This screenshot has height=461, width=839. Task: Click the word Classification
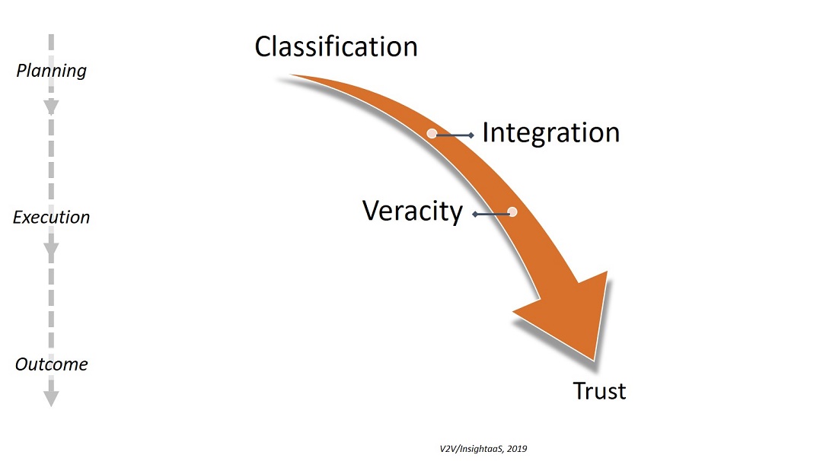coord(336,46)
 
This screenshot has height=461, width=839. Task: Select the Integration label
coord(550,132)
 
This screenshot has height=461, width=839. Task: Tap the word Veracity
coord(413,211)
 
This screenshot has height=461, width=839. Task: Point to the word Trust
coord(599,391)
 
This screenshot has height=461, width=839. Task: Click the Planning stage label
coord(52,71)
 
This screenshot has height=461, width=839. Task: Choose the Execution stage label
coord(51,218)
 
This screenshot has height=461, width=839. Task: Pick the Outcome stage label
coord(51,364)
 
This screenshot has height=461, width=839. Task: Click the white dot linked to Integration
coord(432,133)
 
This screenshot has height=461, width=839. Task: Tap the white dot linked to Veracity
coord(512,212)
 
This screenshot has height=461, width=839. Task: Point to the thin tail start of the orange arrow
coord(294,76)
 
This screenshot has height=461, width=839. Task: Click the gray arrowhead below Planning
coord(51,107)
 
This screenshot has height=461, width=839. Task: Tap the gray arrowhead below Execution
coord(51,251)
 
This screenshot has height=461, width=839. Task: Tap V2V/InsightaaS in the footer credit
coord(465,449)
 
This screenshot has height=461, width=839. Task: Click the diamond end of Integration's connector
coord(472,135)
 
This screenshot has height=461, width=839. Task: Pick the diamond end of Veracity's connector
coord(475,215)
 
